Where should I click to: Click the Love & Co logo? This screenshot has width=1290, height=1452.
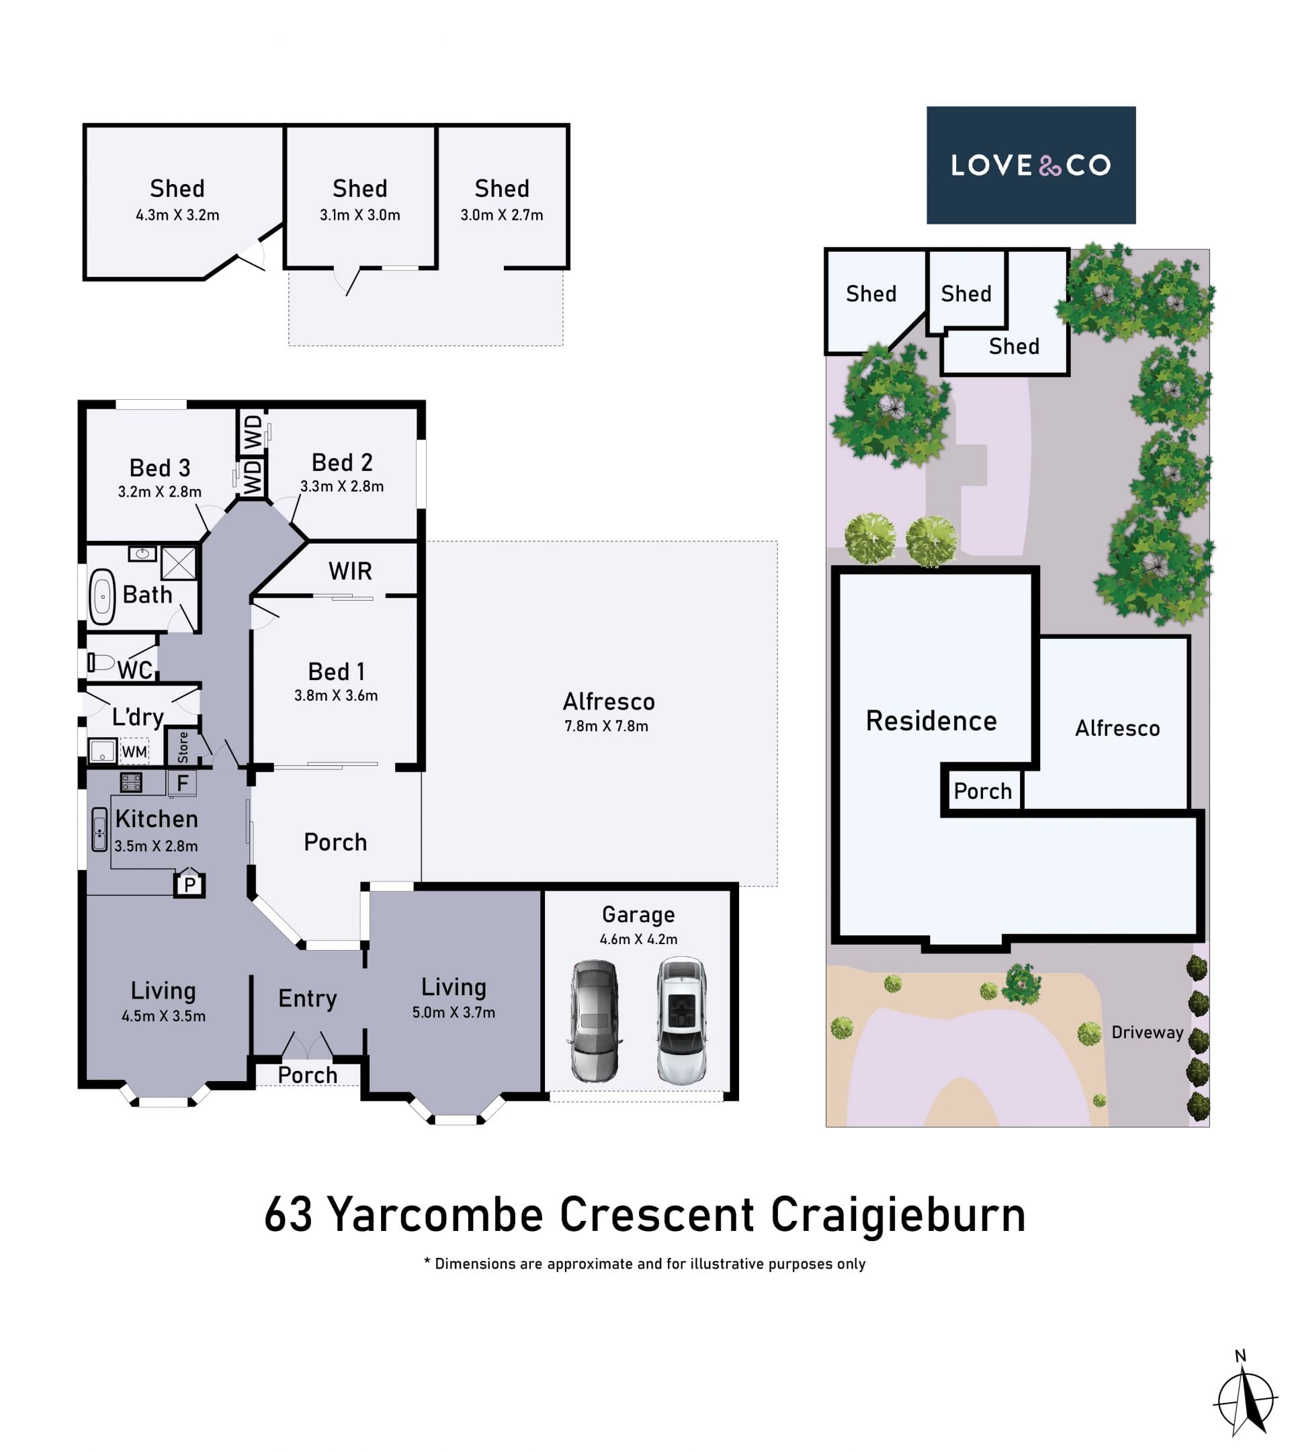[x=1031, y=165]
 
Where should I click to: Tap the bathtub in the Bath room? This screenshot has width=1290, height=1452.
[x=102, y=597]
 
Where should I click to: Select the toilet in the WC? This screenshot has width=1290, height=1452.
[x=101, y=663]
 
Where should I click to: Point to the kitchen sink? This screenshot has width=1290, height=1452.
[x=99, y=829]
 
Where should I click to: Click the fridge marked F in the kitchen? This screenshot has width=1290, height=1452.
[x=182, y=783]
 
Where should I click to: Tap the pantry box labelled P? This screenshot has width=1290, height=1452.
[x=189, y=884]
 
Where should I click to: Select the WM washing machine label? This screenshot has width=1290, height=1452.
[x=134, y=752]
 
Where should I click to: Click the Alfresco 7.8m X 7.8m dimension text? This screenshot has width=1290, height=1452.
[x=606, y=726]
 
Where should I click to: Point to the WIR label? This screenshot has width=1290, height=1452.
[x=350, y=571]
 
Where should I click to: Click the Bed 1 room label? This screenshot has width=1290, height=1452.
[x=336, y=671]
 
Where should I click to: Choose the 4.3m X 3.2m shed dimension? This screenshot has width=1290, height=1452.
[x=177, y=215]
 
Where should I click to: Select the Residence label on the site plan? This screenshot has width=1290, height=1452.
[x=931, y=721]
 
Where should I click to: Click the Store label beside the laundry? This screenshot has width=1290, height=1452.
[x=183, y=747]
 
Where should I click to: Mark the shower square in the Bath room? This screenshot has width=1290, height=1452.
[x=178, y=563]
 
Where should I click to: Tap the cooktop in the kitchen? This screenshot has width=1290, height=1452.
[x=131, y=782]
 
